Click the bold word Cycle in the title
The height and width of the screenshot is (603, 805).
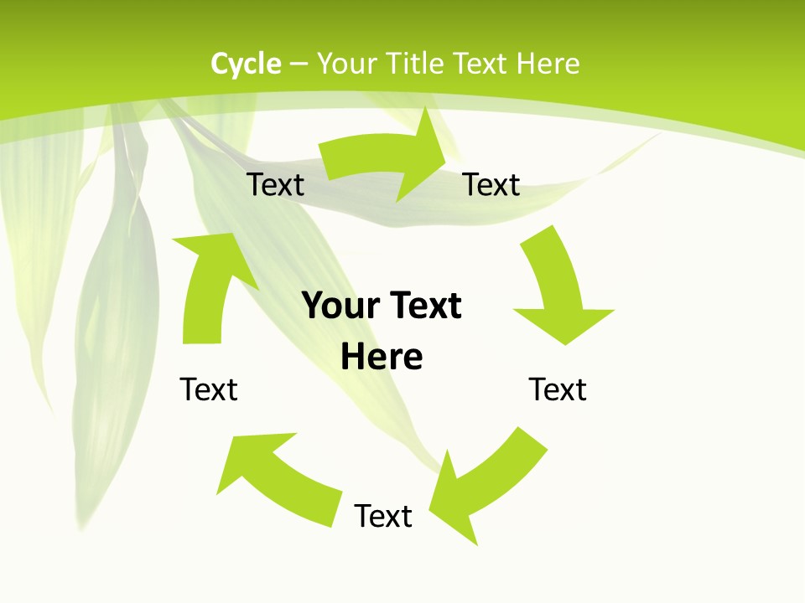pos(246,64)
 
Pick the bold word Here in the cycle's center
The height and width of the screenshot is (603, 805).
pos(382,358)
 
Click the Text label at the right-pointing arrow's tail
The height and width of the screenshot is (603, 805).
pos(276,184)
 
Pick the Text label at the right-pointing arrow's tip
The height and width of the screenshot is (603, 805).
pos(491,184)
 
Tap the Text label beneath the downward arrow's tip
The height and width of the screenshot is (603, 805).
pos(558,389)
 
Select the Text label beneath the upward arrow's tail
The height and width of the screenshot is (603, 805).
pos(209,389)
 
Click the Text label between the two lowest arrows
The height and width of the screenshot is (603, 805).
pos(383,516)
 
